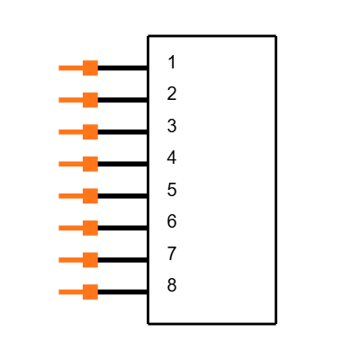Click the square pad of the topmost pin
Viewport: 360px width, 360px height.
coord(90,67)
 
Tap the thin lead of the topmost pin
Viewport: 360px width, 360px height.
coord(70,67)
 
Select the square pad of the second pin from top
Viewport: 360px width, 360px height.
coord(90,100)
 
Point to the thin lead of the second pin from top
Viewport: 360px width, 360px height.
coord(70,100)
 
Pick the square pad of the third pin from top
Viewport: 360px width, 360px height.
coord(90,132)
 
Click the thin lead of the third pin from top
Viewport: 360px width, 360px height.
coord(70,132)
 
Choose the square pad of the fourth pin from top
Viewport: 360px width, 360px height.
coord(90,164)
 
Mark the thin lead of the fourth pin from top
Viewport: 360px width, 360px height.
coord(70,164)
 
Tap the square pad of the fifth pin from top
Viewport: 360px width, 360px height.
coord(90,196)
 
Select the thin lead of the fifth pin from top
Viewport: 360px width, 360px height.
coord(70,196)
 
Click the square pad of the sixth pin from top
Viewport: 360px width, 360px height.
coord(90,228)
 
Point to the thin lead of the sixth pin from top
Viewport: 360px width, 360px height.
coord(70,228)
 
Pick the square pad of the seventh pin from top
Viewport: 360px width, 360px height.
coord(90,260)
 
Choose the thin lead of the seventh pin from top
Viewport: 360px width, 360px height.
coord(70,260)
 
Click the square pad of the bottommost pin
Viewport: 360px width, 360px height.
coord(90,292)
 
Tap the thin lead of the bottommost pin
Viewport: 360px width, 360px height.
coord(70,292)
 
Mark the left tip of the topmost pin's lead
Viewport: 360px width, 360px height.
coord(59,67)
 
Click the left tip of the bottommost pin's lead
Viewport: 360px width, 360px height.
coord(59,292)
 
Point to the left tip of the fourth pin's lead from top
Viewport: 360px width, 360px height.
coord(59,164)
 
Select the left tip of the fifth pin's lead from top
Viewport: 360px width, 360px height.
coord(59,196)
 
